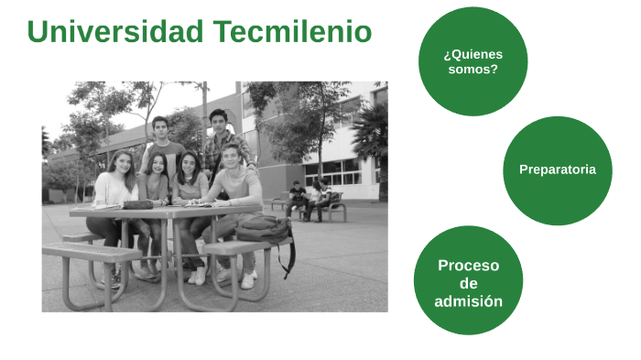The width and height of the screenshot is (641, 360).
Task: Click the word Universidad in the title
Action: [115, 32]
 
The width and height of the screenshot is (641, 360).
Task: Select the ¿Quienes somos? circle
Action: [473, 61]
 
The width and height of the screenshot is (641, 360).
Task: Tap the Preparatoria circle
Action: [557, 169]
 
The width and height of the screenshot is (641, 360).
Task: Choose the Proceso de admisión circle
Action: [468, 280]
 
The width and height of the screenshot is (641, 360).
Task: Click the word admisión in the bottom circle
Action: [468, 300]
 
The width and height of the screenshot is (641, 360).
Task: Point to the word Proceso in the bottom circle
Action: [468, 266]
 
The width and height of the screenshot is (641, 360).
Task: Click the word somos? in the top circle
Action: [473, 69]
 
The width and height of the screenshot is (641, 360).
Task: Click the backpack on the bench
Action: [263, 228]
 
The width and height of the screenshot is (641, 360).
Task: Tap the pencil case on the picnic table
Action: [136, 203]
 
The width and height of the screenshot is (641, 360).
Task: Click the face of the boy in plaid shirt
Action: [218, 121]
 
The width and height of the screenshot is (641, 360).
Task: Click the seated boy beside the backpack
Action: [234, 188]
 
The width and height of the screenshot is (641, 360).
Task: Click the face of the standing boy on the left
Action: [160, 127]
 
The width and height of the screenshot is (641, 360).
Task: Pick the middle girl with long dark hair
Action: [189, 183]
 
